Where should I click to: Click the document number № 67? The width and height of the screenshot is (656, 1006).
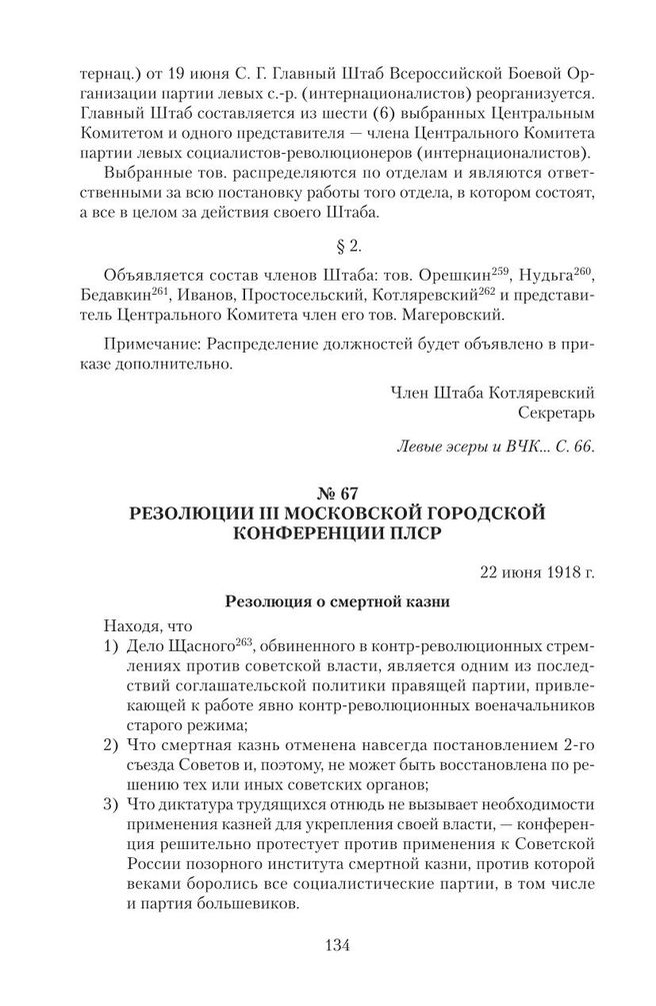click(x=328, y=492)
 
